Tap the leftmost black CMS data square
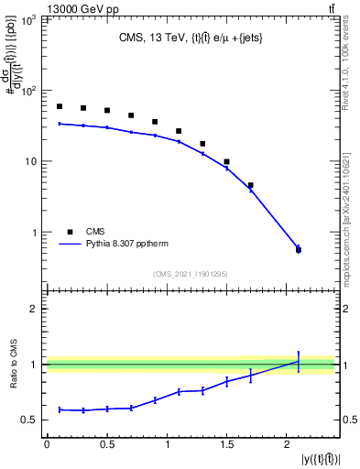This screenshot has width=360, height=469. (60, 106)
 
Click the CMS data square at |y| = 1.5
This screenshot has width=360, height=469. (226, 161)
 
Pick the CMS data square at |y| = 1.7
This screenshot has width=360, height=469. (250, 185)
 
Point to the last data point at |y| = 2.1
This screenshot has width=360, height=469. (298, 249)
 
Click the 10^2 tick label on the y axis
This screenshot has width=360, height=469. (30, 92)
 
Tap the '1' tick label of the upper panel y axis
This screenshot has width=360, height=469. (37, 233)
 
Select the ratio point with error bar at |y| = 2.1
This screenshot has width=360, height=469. (298, 361)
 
